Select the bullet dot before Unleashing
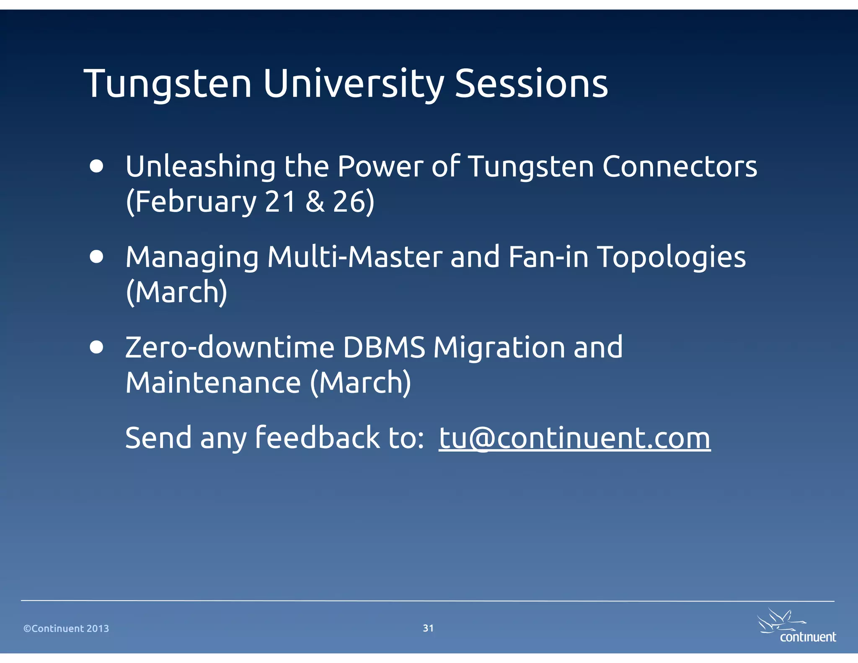pos(97,166)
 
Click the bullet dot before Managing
pos(97,257)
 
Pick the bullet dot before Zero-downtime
pos(97,347)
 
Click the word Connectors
pos(680,166)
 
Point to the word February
pos(196,202)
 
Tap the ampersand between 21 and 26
pos(315,202)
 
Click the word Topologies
pos(671,258)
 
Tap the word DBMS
pos(384,347)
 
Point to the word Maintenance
pos(213,383)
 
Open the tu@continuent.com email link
pos(574,438)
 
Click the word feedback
pos(317,438)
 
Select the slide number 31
pos(428,628)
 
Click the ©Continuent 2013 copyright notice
pos(66,628)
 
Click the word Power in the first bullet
pos(380,166)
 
